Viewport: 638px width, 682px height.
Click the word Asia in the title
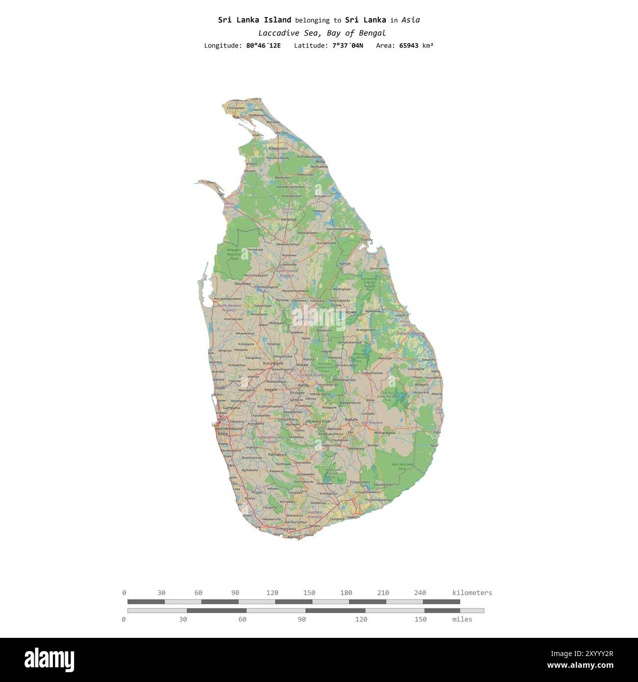pyautogui.click(x=410, y=20)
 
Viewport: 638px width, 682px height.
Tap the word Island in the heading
pyautogui.click(x=277, y=20)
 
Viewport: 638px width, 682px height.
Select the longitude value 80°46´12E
pyautogui.click(x=264, y=46)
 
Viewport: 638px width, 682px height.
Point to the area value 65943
pyautogui.click(x=409, y=46)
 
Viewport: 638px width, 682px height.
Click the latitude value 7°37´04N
pyautogui.click(x=347, y=46)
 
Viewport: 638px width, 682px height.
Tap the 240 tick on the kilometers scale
pyautogui.click(x=420, y=593)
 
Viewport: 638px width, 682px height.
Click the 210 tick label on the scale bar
pyautogui.click(x=383, y=593)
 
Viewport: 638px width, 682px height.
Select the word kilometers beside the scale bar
pyautogui.click(x=472, y=593)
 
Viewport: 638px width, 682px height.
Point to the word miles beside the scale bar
pyautogui.click(x=462, y=619)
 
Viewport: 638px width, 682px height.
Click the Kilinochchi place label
pyautogui.click(x=278, y=148)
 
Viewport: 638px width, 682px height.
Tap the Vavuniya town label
pyautogui.click(x=288, y=219)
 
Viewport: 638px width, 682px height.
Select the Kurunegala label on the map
pyautogui.click(x=273, y=364)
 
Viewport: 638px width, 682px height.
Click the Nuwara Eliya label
pyautogui.click(x=319, y=421)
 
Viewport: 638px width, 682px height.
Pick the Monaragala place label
pyautogui.click(x=384, y=433)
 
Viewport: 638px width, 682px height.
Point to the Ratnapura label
pyautogui.click(x=277, y=454)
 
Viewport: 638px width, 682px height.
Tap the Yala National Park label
pyautogui.click(x=402, y=466)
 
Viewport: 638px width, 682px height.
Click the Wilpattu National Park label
pyautogui.click(x=234, y=254)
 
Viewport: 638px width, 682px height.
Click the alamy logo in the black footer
pyautogui.click(x=49, y=660)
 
